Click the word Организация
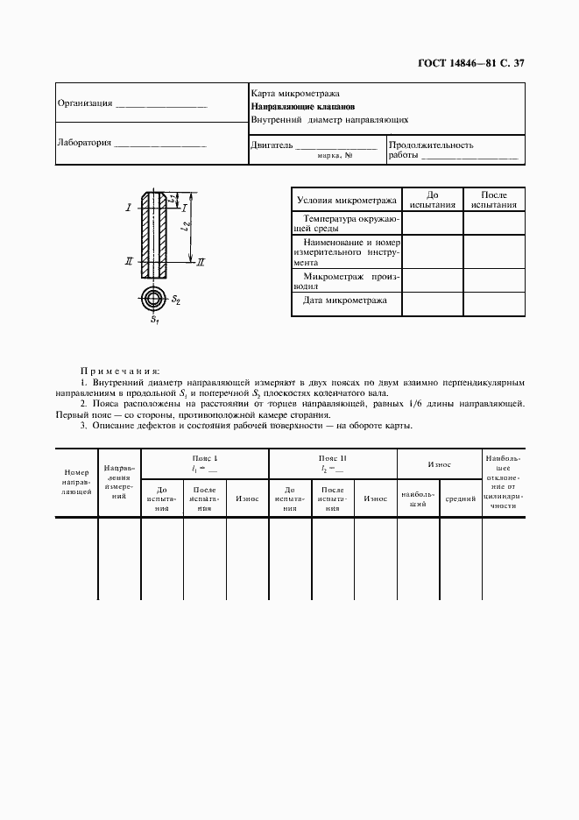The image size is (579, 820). coord(85,103)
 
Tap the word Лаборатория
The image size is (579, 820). coord(84,143)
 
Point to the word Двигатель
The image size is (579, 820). coord(271,145)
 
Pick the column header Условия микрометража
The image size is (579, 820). coord(346,199)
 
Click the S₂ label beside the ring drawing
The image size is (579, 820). coord(177,300)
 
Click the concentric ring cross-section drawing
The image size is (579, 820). coord(154,299)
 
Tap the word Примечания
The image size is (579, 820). coord(120,371)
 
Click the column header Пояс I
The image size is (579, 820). coord(205,459)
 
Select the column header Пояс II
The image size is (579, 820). coord(333,459)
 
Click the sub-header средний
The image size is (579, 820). coord(461,498)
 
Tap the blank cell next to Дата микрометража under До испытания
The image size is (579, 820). coord(432,304)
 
